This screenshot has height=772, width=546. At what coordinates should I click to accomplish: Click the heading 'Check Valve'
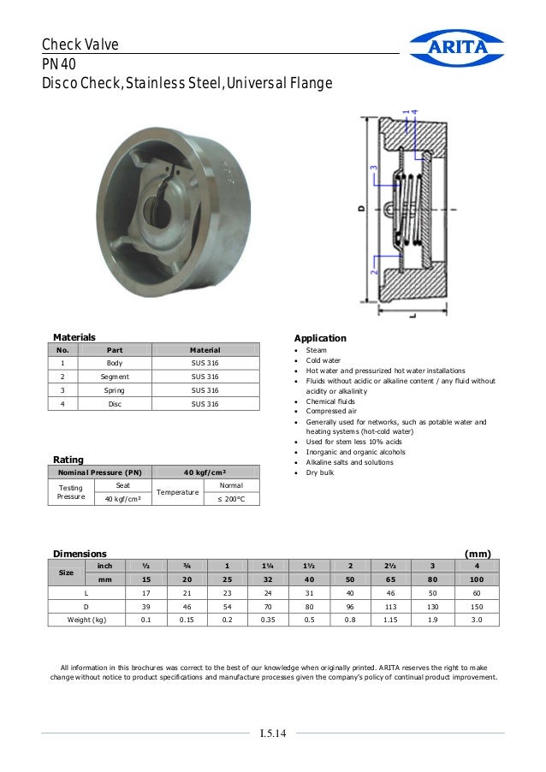pyautogui.click(x=80, y=45)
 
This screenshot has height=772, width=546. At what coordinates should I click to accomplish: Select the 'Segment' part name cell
pyautogui.click(x=115, y=377)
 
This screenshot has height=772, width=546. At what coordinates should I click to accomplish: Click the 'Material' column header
pyautogui.click(x=205, y=350)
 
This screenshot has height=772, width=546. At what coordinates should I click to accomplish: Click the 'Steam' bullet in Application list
pyautogui.click(x=316, y=350)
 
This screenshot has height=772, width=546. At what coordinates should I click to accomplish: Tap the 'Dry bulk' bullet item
pyautogui.click(x=320, y=472)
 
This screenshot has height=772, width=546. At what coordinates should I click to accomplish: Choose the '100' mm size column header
pyautogui.click(x=473, y=579)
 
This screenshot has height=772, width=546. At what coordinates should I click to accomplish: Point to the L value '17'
pyautogui.click(x=145, y=592)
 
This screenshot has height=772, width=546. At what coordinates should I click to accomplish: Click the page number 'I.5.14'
pyautogui.click(x=273, y=733)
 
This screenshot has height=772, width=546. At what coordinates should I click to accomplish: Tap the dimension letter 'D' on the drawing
pyautogui.click(x=361, y=208)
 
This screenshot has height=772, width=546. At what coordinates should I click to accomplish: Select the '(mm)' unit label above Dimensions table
pyautogui.click(x=477, y=554)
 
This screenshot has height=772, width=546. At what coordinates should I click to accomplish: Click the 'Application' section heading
pyautogui.click(x=320, y=338)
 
